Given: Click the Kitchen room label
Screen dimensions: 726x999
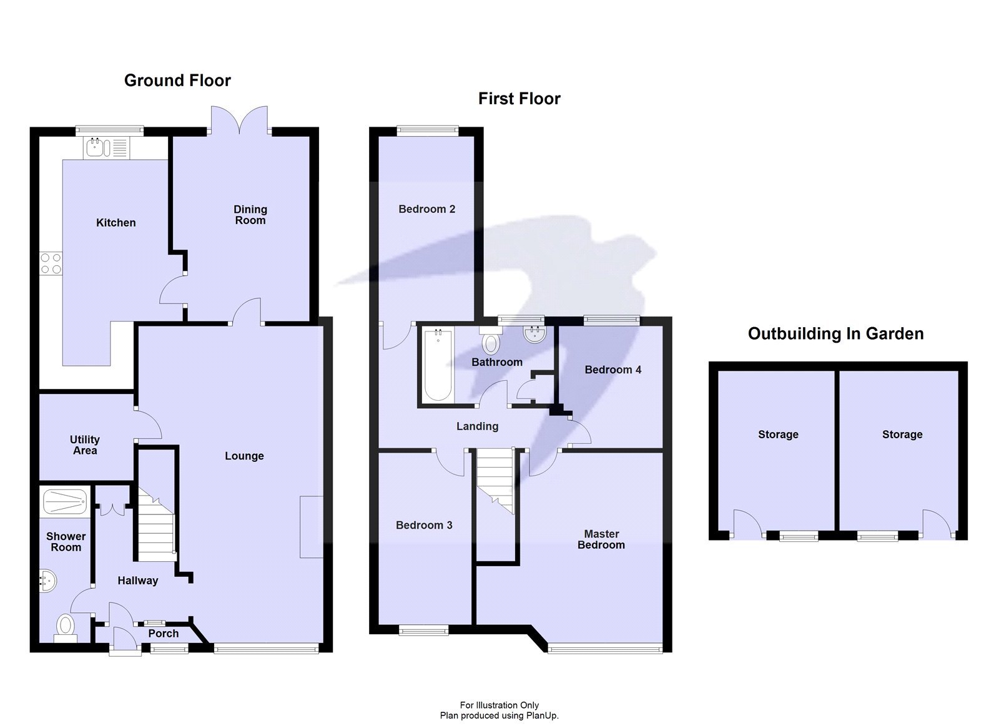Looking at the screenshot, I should click(x=116, y=223).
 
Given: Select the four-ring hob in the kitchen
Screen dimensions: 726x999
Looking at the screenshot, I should click(x=51, y=263).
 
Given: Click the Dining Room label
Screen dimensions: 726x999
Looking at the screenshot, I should click(x=250, y=215).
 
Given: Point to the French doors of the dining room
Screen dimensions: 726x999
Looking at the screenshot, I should click(x=240, y=120).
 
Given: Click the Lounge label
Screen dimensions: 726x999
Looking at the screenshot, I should click(x=244, y=456).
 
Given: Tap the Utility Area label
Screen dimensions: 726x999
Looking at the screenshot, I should click(x=84, y=445).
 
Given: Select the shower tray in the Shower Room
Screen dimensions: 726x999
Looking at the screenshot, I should click(x=64, y=502).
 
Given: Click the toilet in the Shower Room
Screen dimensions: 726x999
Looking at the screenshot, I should click(x=65, y=625).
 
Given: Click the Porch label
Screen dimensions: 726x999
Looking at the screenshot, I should click(x=164, y=634).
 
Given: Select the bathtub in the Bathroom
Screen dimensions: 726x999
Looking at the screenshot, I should click(x=438, y=365).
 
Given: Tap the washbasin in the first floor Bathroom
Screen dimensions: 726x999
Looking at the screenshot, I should click(x=535, y=335).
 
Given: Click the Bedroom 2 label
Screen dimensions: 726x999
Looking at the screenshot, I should click(x=426, y=209).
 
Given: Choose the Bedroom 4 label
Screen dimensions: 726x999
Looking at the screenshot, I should click(x=613, y=370).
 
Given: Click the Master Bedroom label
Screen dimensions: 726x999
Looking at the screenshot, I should click(x=601, y=539).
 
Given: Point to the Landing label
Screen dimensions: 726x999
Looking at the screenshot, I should click(x=477, y=426).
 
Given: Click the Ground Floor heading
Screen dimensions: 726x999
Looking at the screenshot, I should click(x=177, y=81).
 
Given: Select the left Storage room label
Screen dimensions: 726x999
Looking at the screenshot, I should click(x=778, y=434).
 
